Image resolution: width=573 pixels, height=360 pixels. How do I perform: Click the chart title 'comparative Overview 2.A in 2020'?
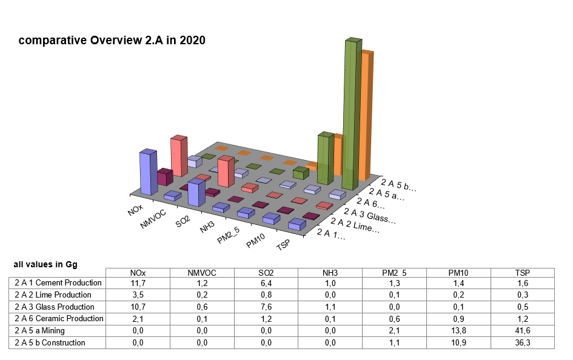click(x=112, y=41)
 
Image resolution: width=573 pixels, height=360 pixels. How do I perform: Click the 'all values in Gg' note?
click(x=45, y=264)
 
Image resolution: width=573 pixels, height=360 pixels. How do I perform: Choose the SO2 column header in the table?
click(x=266, y=273)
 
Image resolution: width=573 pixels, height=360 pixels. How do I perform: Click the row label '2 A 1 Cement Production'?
click(x=58, y=282)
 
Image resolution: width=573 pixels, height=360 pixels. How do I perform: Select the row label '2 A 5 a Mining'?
click(x=40, y=331)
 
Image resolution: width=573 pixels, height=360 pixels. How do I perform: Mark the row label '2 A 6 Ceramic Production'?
click(x=59, y=319)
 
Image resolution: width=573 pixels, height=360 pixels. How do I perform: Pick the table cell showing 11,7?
click(x=138, y=282)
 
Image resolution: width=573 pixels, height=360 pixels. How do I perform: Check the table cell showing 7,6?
click(x=266, y=307)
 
